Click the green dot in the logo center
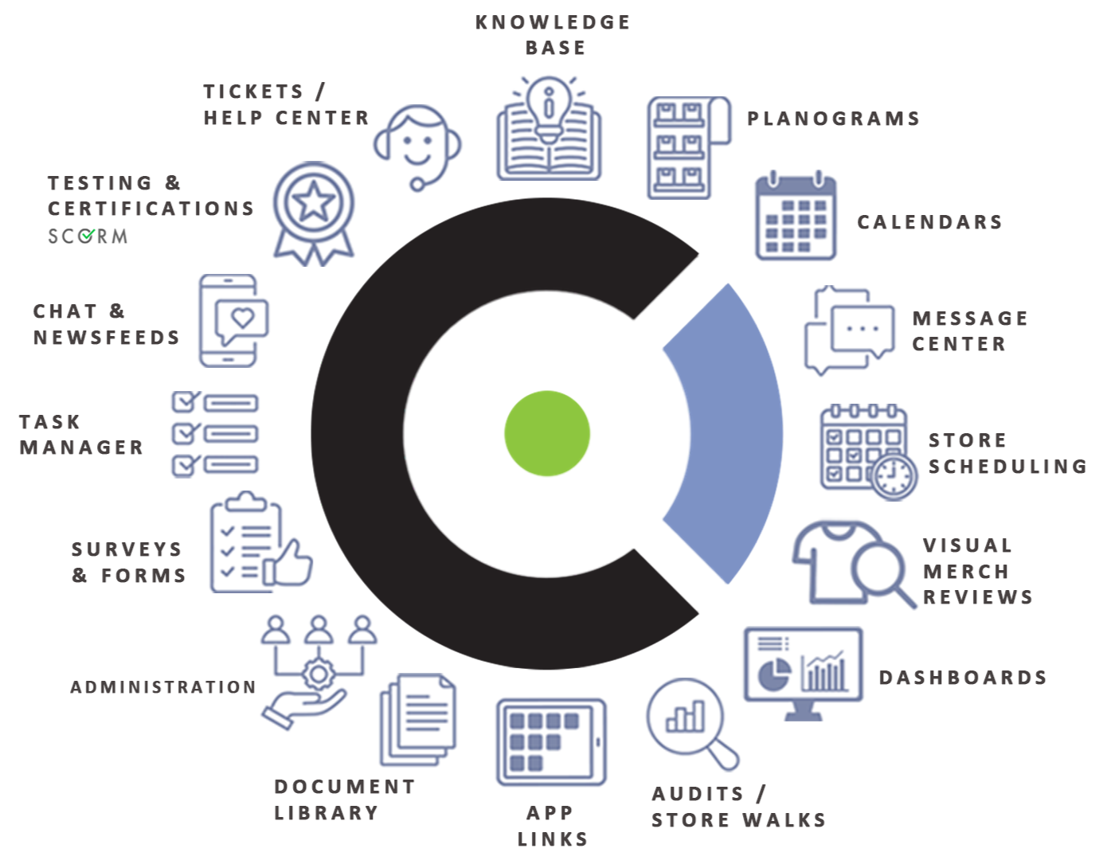point(547,433)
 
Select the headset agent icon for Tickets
point(417,144)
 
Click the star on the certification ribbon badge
point(314,202)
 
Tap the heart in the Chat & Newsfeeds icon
point(242,319)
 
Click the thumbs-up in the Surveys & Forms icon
point(289,563)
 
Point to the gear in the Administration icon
point(319,674)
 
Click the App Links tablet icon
point(551,742)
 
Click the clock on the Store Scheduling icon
point(894,475)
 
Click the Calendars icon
point(795,217)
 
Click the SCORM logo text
point(88,236)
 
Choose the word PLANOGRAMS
point(833,119)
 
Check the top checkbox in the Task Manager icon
point(186,401)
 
